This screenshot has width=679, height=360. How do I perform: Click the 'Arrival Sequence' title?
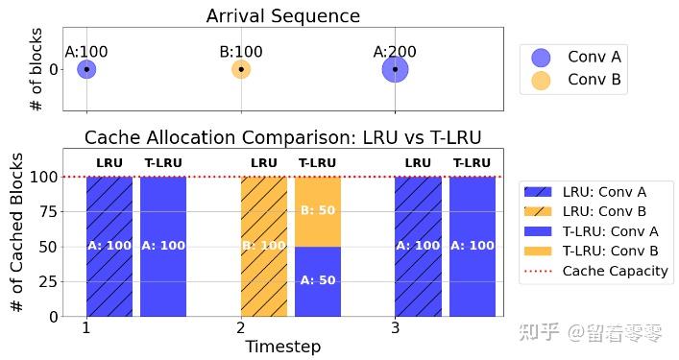tap(283, 16)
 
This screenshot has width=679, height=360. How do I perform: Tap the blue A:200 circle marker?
tap(395, 69)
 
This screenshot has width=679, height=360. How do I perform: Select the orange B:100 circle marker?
tap(241, 69)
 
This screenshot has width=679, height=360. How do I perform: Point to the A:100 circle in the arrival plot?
tap(86, 69)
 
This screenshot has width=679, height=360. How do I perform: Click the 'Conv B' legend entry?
tap(575, 80)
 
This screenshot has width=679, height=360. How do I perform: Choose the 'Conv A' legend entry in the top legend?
tap(575, 57)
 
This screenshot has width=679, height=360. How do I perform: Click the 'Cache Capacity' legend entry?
tap(594, 271)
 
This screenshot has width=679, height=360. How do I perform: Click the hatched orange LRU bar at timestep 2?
tap(263, 246)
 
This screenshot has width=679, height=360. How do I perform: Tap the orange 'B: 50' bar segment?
tap(318, 211)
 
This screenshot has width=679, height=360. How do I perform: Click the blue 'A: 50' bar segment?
tap(318, 280)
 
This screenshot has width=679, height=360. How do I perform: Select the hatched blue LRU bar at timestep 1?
tap(109, 246)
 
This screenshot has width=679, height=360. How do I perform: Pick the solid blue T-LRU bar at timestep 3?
tap(473, 246)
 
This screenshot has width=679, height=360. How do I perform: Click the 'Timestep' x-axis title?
tap(282, 347)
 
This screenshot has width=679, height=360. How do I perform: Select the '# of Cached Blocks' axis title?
tap(17, 232)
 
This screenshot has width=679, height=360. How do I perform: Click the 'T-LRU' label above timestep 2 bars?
tap(318, 163)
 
